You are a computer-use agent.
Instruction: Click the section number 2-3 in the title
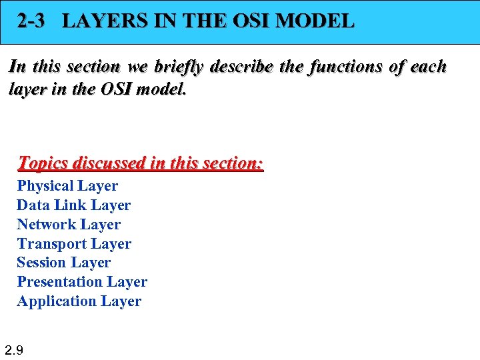click(31, 21)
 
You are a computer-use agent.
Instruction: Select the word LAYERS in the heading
click(99, 21)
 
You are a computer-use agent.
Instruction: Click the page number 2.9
click(14, 349)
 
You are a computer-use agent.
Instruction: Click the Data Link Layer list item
click(73, 205)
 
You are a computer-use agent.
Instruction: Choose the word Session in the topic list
click(40, 263)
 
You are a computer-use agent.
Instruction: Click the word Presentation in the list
click(60, 282)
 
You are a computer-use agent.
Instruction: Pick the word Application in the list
click(57, 301)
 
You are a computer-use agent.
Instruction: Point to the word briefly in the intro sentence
click(180, 67)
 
